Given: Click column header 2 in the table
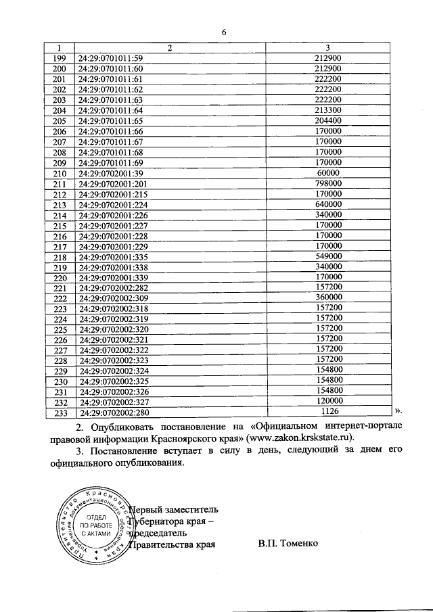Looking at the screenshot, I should tap(170, 47).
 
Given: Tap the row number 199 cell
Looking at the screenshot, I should tap(59, 58).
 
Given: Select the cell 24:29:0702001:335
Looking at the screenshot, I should tap(113, 257).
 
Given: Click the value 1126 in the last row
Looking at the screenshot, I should tap(329, 411).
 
